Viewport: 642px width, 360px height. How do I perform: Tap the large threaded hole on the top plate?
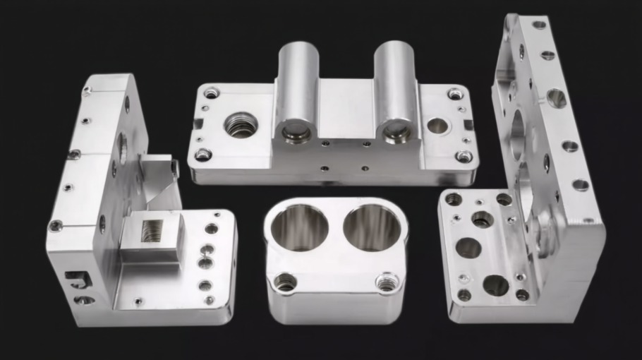(x=241, y=126)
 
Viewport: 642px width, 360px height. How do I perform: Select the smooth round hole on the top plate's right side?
(x=437, y=126)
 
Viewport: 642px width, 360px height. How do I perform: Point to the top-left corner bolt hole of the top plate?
(x=211, y=92)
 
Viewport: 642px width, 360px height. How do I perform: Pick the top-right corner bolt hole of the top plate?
(x=456, y=93)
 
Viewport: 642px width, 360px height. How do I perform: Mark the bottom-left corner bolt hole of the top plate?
(x=203, y=155)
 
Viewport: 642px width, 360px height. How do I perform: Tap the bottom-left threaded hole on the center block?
(x=285, y=283)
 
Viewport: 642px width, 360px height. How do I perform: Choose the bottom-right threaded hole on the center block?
(x=386, y=282)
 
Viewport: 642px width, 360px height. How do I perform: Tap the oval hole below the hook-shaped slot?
(x=83, y=300)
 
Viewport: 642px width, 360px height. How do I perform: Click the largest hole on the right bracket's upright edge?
(x=556, y=97)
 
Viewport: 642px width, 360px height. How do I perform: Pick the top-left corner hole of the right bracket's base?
(x=453, y=199)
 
